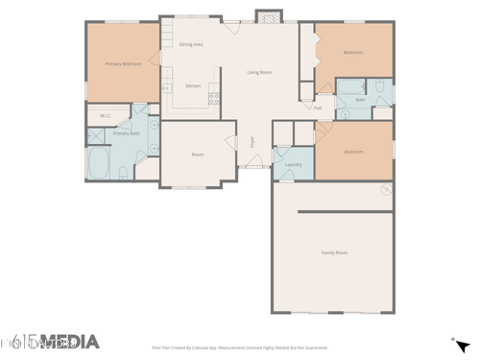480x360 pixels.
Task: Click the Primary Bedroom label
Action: (x=123, y=63)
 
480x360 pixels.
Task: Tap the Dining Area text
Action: (x=190, y=44)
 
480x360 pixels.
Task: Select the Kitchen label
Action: (x=193, y=85)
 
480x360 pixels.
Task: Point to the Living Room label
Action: (x=259, y=72)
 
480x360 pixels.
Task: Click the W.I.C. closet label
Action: (x=106, y=116)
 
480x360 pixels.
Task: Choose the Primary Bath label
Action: (x=127, y=133)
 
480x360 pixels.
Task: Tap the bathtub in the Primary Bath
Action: (x=100, y=163)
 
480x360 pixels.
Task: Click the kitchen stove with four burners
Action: (x=214, y=96)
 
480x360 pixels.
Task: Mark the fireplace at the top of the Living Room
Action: (x=266, y=16)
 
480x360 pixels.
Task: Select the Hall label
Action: (x=318, y=108)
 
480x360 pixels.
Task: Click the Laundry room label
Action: (x=294, y=164)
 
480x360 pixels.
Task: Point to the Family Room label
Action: (x=333, y=252)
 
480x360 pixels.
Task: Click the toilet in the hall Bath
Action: (x=379, y=90)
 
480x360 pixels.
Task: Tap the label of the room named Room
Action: (x=197, y=154)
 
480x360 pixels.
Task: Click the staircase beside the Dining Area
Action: (x=167, y=37)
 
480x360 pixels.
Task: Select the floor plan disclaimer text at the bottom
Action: (x=240, y=348)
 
